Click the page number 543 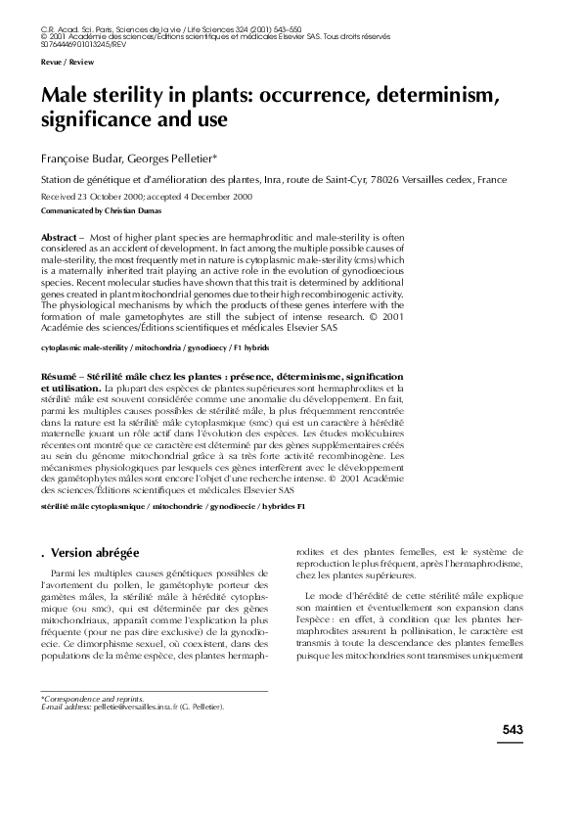point(514,729)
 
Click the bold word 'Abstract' point(60,238)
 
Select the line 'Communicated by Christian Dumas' point(100,210)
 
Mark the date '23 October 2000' point(118,197)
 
